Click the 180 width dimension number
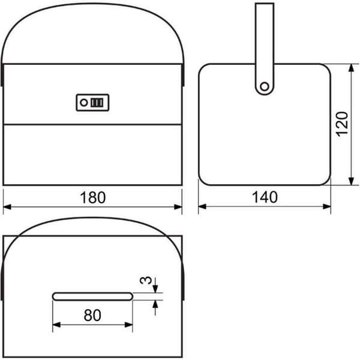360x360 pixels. [93, 197]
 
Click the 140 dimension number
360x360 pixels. [265, 197]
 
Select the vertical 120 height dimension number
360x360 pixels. [342, 124]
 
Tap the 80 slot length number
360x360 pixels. [92, 315]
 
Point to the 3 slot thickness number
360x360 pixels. [146, 280]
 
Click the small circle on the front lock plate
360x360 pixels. [84, 103]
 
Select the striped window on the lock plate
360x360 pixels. [97, 103]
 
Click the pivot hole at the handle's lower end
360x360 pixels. [265, 86]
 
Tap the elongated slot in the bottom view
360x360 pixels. [93, 296]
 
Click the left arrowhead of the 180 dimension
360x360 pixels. [7, 207]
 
